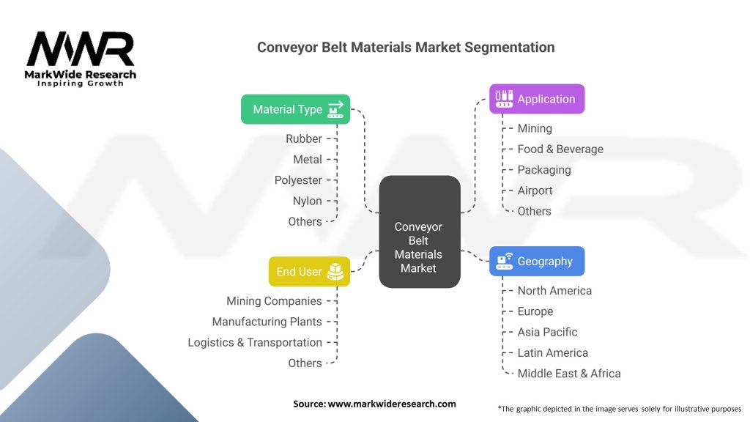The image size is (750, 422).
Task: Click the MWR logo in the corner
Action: pyautogui.click(x=81, y=59)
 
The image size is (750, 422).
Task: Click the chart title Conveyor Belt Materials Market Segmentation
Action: pyautogui.click(x=406, y=48)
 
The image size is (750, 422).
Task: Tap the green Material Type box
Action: pyautogui.click(x=296, y=109)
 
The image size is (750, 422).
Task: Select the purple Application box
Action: pyautogui.click(x=537, y=99)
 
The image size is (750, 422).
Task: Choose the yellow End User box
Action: pyautogui.click(x=309, y=271)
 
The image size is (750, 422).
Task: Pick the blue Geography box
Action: pyautogui.click(x=537, y=262)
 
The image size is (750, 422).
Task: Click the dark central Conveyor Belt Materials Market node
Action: pyautogui.click(x=420, y=232)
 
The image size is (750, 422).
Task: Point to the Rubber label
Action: pyautogui.click(x=304, y=138)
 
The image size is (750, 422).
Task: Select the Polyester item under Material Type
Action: pyautogui.click(x=298, y=180)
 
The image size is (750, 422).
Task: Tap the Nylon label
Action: pyautogui.click(x=307, y=201)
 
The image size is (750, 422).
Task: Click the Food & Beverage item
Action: pyautogui.click(x=560, y=149)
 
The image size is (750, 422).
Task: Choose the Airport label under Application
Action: pyautogui.click(x=535, y=190)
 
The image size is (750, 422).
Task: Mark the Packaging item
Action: pyautogui.click(x=544, y=170)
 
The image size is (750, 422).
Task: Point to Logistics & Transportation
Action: pyautogui.click(x=254, y=343)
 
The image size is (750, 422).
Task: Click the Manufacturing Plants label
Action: pyautogui.click(x=267, y=322)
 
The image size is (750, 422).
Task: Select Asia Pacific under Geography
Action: pyautogui.click(x=547, y=332)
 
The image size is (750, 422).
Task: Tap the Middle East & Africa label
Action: pyautogui.click(x=568, y=373)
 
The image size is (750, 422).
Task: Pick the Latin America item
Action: pyautogui.click(x=552, y=352)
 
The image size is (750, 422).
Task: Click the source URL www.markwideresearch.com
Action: pyautogui.click(x=391, y=404)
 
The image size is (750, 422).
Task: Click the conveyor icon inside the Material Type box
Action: pyautogui.click(x=335, y=109)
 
